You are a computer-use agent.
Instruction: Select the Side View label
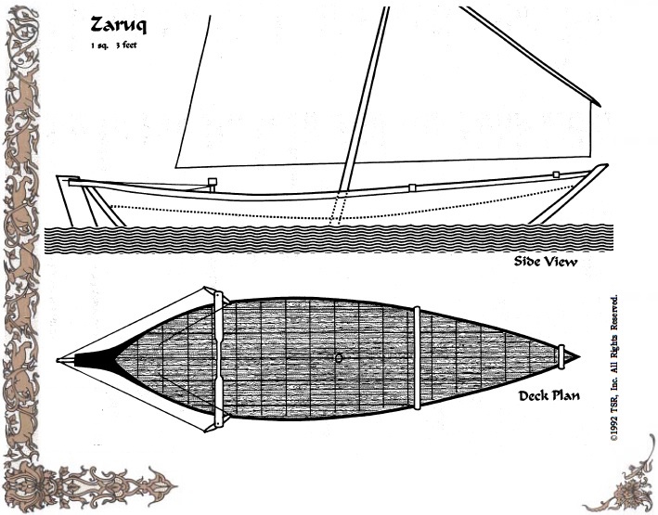click(545, 262)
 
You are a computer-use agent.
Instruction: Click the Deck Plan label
click(549, 396)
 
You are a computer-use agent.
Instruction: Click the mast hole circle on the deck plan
click(340, 357)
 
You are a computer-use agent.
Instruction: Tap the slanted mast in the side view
click(362, 102)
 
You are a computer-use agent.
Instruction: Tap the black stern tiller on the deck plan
click(88, 357)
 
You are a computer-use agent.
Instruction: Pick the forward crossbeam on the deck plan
click(220, 357)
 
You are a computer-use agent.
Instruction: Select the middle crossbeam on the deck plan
click(418, 357)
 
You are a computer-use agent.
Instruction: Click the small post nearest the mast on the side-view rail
click(412, 188)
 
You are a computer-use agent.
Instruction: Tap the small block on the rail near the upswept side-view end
click(555, 174)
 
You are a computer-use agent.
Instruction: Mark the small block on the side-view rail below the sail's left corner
click(212, 183)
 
